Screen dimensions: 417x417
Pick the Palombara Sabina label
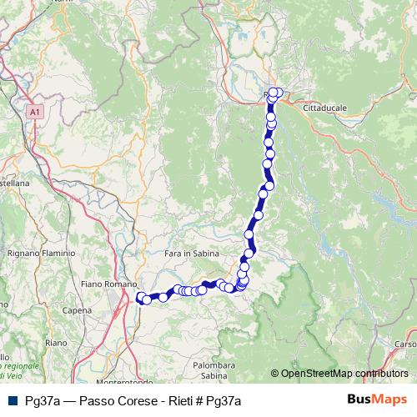point(214,370)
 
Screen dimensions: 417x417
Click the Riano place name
point(56,343)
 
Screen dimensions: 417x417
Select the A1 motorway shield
point(33,111)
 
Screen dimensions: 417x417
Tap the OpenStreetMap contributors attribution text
point(344,374)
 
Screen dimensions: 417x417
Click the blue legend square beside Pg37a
point(11,401)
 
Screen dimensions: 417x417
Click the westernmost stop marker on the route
point(140,296)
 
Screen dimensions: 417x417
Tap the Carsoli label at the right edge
point(406,344)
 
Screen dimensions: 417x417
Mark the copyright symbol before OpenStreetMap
point(274,374)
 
